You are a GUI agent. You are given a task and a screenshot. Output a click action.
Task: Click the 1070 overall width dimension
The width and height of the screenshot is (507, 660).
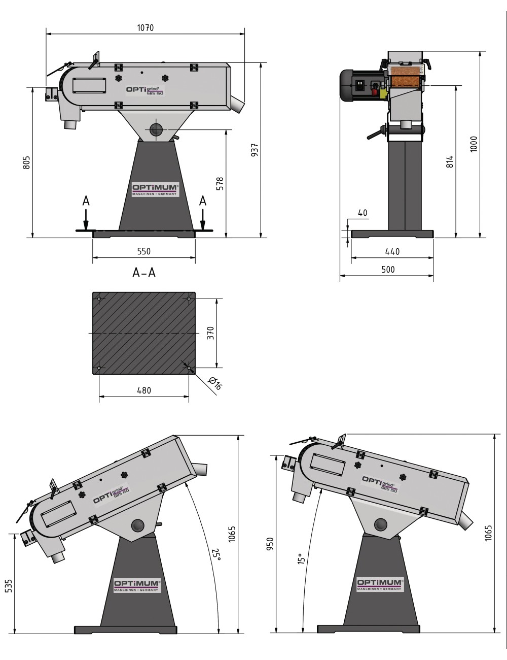(145, 28)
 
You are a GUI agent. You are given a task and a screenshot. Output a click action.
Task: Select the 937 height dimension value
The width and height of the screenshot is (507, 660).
(255, 150)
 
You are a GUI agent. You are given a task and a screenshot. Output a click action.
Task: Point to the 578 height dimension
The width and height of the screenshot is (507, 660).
(220, 183)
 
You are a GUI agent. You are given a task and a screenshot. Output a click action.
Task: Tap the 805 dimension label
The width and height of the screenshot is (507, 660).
(27, 162)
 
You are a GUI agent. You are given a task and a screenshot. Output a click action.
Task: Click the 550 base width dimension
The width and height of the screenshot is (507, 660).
(144, 251)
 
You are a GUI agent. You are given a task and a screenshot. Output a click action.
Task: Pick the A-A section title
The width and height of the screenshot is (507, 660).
(144, 273)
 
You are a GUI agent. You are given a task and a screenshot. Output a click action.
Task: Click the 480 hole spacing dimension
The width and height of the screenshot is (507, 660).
(144, 390)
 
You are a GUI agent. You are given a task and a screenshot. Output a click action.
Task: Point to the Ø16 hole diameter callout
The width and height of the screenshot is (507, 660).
(215, 383)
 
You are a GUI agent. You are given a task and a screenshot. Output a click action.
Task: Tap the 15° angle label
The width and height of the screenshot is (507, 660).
(301, 559)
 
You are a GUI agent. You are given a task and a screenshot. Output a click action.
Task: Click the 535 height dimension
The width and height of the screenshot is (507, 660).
(9, 585)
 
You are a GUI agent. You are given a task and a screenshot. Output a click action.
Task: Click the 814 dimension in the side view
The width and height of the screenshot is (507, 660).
(450, 162)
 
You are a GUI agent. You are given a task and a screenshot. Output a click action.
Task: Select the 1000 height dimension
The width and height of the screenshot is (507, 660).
(474, 145)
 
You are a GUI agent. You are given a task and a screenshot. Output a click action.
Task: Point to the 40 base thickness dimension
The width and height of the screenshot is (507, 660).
(362, 213)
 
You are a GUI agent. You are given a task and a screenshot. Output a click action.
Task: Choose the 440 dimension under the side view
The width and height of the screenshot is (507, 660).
(392, 251)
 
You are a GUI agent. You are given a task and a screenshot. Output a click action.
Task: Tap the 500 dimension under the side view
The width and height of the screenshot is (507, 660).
(387, 270)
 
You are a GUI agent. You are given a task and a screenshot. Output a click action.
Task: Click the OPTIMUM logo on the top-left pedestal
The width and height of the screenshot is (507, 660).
(155, 189)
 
